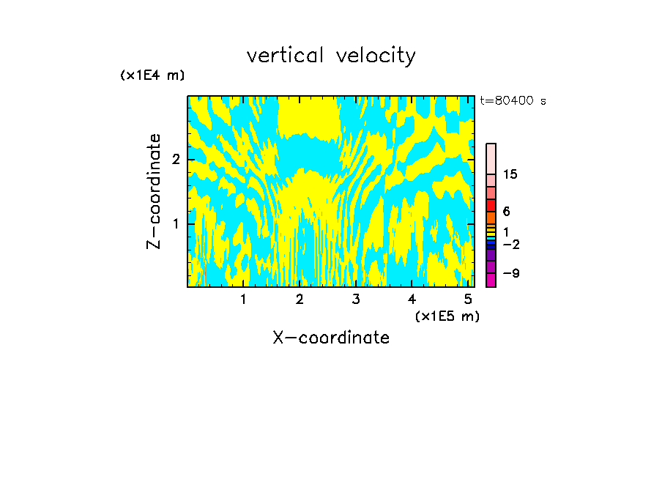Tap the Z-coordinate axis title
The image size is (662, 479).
point(154,191)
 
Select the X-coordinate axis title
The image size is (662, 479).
point(331,338)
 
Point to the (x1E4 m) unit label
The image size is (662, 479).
point(152,75)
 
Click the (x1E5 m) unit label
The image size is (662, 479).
point(447,316)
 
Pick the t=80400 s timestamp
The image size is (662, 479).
point(513,101)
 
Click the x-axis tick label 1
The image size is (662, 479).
point(243,300)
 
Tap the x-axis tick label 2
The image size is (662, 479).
point(300,300)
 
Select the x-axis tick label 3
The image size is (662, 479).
point(356,300)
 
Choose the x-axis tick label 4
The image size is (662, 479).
point(412,300)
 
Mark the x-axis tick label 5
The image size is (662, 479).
point(469,300)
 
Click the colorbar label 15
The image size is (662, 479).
point(510,174)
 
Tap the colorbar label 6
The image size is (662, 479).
point(506,212)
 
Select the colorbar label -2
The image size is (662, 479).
point(510,244)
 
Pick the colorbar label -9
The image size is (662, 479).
point(510,273)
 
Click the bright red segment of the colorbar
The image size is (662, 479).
point(491,206)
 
